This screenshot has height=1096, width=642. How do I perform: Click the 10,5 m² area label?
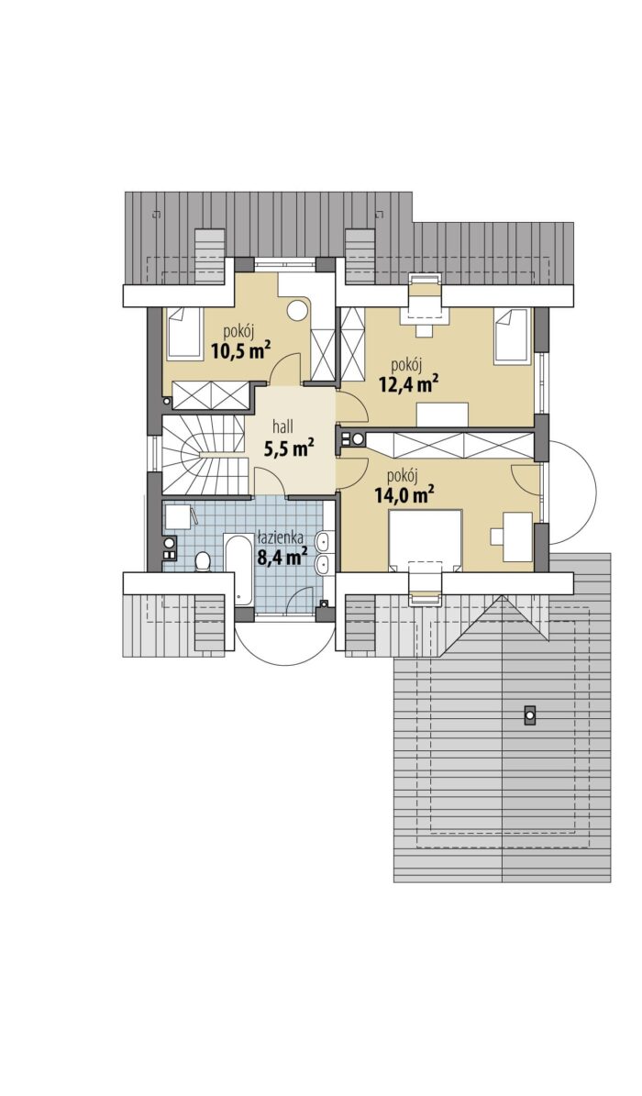[240, 349]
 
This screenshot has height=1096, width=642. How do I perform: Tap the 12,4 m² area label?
[408, 382]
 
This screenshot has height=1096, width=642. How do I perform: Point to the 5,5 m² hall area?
[288, 448]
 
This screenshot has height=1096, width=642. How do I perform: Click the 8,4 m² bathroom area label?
[282, 557]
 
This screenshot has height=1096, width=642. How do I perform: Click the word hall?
[282, 426]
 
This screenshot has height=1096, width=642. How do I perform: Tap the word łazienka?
[280, 537]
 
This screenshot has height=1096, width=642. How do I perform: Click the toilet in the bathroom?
[203, 560]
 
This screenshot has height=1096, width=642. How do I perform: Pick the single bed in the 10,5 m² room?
[184, 334]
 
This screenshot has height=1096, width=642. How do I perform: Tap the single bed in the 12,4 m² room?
[512, 337]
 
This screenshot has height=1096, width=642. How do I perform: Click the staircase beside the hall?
[205, 455]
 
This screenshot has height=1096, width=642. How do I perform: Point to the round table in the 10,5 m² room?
[300, 309]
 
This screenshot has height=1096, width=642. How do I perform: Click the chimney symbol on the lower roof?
[530, 714]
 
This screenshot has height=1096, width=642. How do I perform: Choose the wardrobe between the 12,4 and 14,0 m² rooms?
[448, 445]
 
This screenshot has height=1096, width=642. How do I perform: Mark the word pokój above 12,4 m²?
[405, 364]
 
